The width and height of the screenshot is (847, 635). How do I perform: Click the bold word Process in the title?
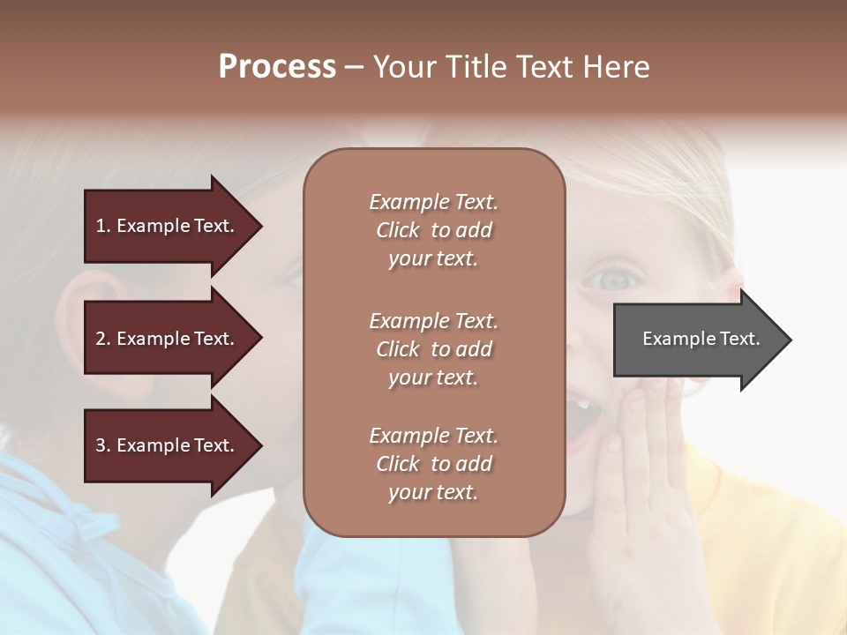pos(277,67)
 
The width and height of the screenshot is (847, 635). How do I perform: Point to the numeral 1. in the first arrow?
pos(103,226)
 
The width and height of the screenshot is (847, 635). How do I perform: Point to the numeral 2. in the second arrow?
pos(103,339)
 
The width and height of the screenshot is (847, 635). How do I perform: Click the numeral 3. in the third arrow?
pos(103,445)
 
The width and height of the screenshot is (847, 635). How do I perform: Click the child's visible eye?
pos(616,280)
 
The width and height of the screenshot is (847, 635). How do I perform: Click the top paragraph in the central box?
pos(433,230)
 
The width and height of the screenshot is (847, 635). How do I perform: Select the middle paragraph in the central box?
pos(433,349)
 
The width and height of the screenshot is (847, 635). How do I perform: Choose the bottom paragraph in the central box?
pos(433,464)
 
